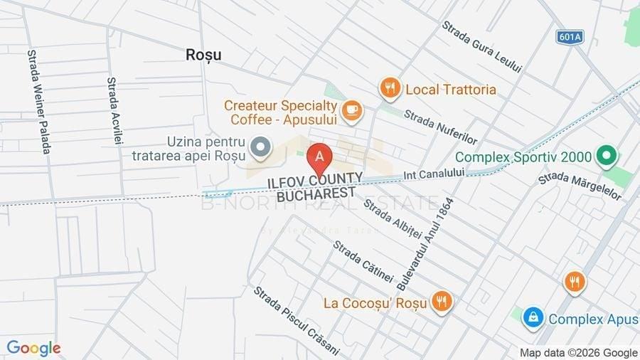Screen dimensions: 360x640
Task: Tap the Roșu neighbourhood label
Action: pos(203,54)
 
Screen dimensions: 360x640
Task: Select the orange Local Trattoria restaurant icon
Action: pos(389,89)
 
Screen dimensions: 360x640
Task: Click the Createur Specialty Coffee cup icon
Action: pos(351,110)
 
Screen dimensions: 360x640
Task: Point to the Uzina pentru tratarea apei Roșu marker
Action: pos(262,147)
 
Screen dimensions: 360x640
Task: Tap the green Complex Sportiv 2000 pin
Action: pos(606,156)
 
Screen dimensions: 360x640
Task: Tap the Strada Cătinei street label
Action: pos(363,261)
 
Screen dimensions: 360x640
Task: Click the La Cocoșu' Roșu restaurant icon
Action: pos(442,302)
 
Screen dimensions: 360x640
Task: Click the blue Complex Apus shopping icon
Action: pos(533,318)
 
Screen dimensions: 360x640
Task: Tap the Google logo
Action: pos(33,349)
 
